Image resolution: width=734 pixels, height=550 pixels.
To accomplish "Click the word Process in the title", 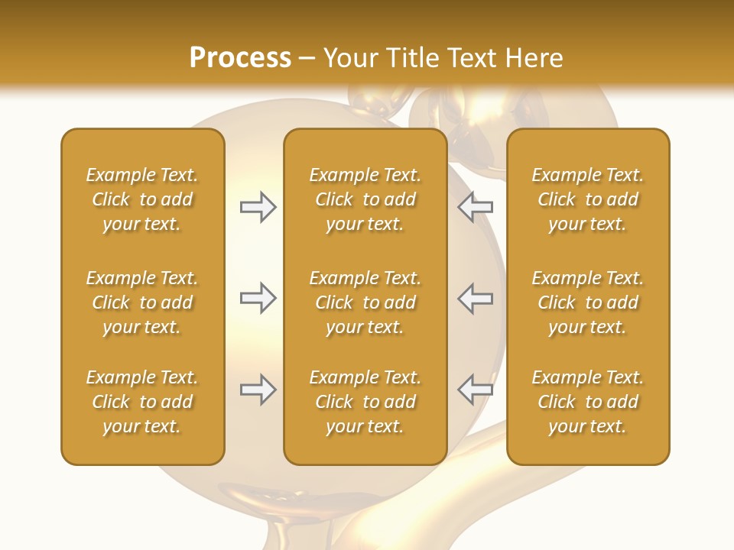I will coord(240,58).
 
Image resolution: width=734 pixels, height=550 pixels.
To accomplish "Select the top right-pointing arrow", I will coord(258,207).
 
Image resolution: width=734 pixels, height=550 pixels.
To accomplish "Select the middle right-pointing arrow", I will coord(258,298).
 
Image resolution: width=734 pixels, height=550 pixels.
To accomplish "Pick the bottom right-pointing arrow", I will coord(258,390).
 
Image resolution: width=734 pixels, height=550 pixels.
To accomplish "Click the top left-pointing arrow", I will coord(476,207).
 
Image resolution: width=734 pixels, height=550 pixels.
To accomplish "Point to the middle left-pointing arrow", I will coord(476,298).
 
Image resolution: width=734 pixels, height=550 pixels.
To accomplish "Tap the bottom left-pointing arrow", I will coord(476,390).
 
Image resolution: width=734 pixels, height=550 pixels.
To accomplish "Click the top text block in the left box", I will coord(142,199).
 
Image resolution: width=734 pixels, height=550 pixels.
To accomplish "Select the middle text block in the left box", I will coord(142,302).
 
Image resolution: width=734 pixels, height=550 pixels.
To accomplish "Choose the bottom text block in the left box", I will coord(142,402).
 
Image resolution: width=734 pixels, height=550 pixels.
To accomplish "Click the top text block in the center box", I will coord(365,199).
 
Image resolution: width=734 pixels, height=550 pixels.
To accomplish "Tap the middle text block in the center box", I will coord(365,302).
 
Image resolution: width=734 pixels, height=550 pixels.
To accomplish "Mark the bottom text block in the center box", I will coord(365,402).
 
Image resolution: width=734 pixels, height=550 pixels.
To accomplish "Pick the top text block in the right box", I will coord(587,199).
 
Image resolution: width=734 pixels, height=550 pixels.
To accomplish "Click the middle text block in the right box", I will coord(587,302).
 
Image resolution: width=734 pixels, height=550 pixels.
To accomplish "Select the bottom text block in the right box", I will coord(587,402).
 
